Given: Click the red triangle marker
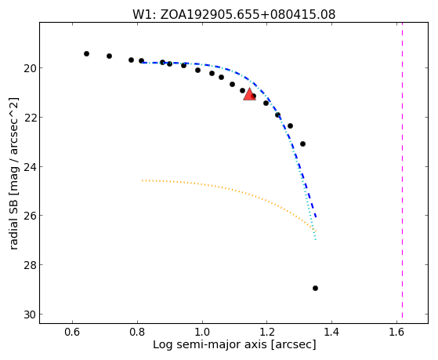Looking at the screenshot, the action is click(249, 94).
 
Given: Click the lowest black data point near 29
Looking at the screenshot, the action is click(315, 288).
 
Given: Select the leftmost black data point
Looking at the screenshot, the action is click(87, 53).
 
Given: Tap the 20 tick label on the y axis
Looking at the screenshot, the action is click(30, 68).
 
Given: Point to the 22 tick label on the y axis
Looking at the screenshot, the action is click(30, 118).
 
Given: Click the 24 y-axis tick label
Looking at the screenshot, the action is click(30, 167).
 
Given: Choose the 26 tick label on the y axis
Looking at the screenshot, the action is click(30, 216).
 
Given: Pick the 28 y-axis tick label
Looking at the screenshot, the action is click(30, 265).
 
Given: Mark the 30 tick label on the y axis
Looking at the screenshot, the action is click(30, 315).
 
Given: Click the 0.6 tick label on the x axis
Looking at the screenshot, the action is click(72, 332).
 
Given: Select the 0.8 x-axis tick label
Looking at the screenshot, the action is click(137, 332).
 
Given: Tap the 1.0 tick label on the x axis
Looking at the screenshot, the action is click(202, 332).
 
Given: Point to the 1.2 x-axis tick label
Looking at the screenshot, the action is click(266, 332).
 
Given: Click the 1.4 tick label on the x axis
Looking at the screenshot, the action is click(331, 332).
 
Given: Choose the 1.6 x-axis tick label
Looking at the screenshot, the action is click(396, 332).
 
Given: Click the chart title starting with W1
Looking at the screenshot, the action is click(233, 14).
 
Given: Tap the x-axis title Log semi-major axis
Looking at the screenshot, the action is click(234, 344).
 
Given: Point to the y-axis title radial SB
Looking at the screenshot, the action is click(14, 173).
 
